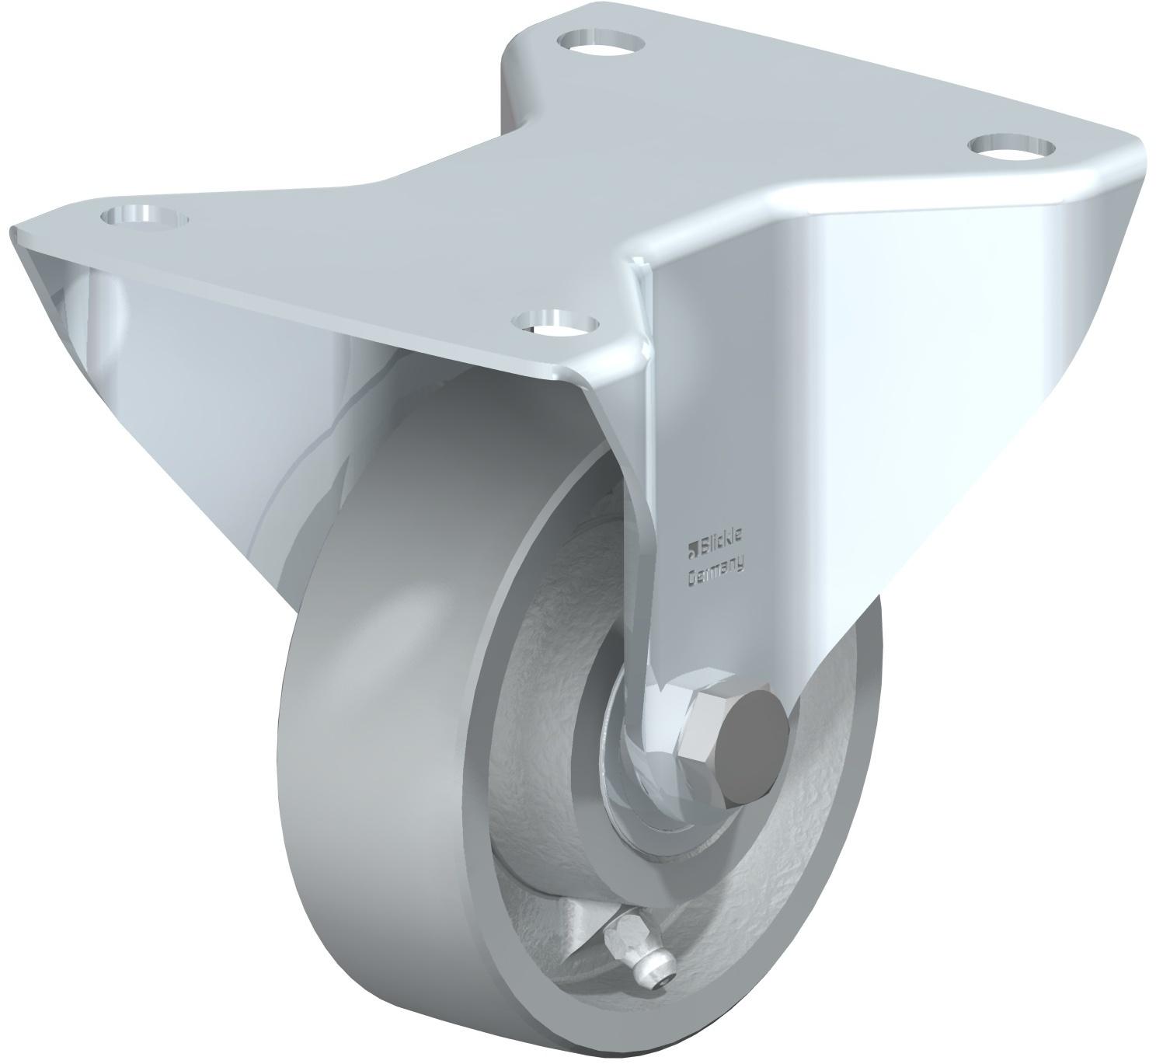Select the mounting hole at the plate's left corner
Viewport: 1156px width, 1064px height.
click(x=144, y=218)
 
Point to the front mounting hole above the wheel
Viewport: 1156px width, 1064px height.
click(x=555, y=322)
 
